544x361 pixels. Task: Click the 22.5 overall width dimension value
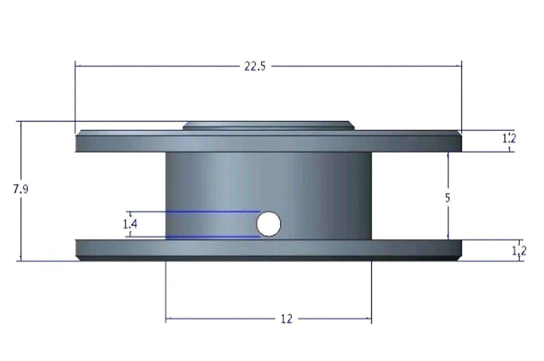click(x=255, y=66)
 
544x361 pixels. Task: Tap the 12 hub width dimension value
click(x=286, y=319)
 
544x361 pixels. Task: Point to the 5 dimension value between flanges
click(x=447, y=198)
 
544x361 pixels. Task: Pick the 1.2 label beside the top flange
click(x=509, y=137)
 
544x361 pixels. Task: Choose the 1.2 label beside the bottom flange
click(x=519, y=251)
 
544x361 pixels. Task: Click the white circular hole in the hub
click(x=269, y=224)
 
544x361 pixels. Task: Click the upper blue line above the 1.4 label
click(x=212, y=212)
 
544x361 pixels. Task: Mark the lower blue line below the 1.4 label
click(x=212, y=237)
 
